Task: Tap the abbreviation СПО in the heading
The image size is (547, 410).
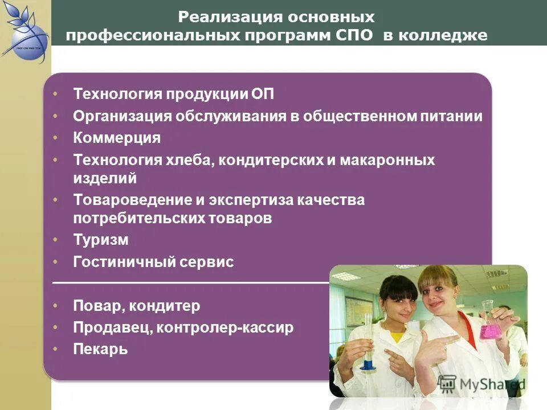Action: [354, 35]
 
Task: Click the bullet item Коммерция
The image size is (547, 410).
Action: [117, 138]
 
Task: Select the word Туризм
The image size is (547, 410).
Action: [101, 240]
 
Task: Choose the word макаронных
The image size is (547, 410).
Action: [387, 160]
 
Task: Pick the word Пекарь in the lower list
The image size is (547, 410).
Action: [100, 349]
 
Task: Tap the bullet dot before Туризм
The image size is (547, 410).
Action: [55, 240]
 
